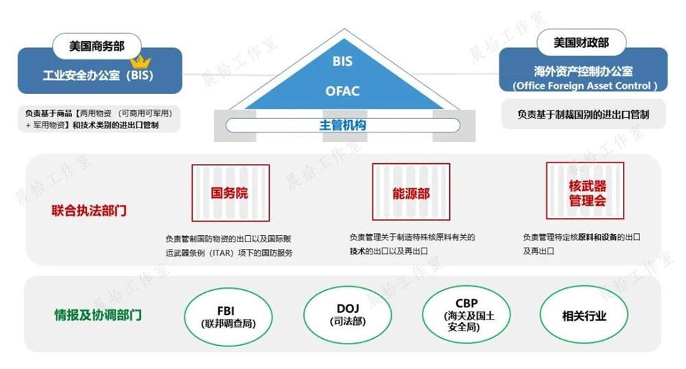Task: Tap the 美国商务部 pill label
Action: (96, 46)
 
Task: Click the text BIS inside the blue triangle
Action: (342, 62)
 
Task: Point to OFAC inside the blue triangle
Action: (342, 91)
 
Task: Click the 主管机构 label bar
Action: (342, 126)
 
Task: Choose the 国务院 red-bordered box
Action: (230, 193)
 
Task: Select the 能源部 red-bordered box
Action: (411, 193)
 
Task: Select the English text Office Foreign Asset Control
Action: (584, 86)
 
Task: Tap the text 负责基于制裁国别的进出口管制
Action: (583, 115)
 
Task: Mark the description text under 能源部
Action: (412, 244)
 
